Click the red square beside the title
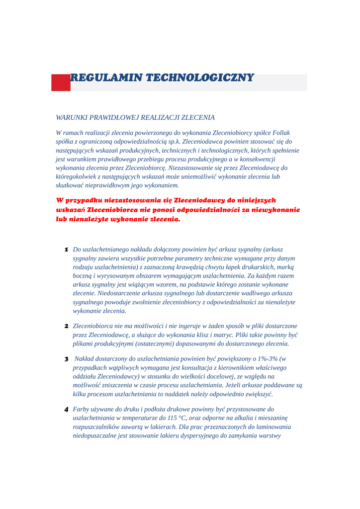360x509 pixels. [61, 83]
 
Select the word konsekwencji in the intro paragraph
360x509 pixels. [257, 159]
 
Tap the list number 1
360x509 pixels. [66, 250]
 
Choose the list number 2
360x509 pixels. [66, 327]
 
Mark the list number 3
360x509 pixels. [66, 359]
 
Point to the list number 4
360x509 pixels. [66, 410]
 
